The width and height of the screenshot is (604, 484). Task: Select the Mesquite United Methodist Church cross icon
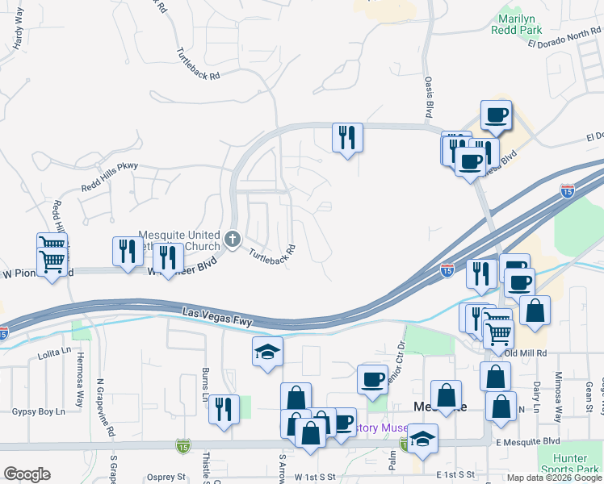[233, 238]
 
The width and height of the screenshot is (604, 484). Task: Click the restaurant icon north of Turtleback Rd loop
[347, 137]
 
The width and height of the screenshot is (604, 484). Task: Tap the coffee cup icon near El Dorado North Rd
[497, 115]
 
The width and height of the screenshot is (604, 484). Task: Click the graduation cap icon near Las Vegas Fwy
[267, 352]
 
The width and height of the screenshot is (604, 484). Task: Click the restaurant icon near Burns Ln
[224, 408]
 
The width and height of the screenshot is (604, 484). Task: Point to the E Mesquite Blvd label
[528, 441]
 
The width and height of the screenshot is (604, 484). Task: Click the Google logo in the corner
[27, 474]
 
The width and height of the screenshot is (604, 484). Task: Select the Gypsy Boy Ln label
[38, 411]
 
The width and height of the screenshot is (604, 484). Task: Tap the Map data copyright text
[555, 478]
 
